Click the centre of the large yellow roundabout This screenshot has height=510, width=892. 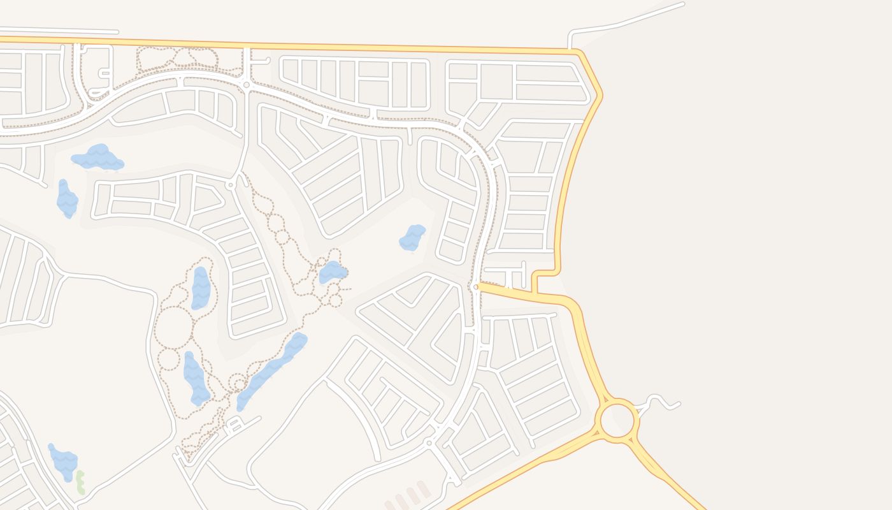pyautogui.click(x=617, y=420)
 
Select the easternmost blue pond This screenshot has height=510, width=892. pyautogui.click(x=412, y=238)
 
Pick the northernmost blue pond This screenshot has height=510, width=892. pyautogui.click(x=97, y=157)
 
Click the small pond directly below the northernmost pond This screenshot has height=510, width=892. pyautogui.click(x=67, y=199)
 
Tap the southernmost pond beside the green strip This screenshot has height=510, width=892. pyautogui.click(x=64, y=463)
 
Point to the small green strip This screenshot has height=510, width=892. pyautogui.click(x=80, y=482)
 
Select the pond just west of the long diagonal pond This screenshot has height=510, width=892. pyautogui.click(x=196, y=378)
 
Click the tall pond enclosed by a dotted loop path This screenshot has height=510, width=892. pyautogui.click(x=201, y=288)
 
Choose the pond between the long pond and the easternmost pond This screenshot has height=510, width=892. pyautogui.click(x=332, y=272)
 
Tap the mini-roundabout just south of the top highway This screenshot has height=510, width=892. pyautogui.click(x=246, y=85)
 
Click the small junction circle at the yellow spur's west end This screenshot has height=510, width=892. pyautogui.click(x=476, y=287)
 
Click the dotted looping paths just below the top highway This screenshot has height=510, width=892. pyautogui.click(x=177, y=59)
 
